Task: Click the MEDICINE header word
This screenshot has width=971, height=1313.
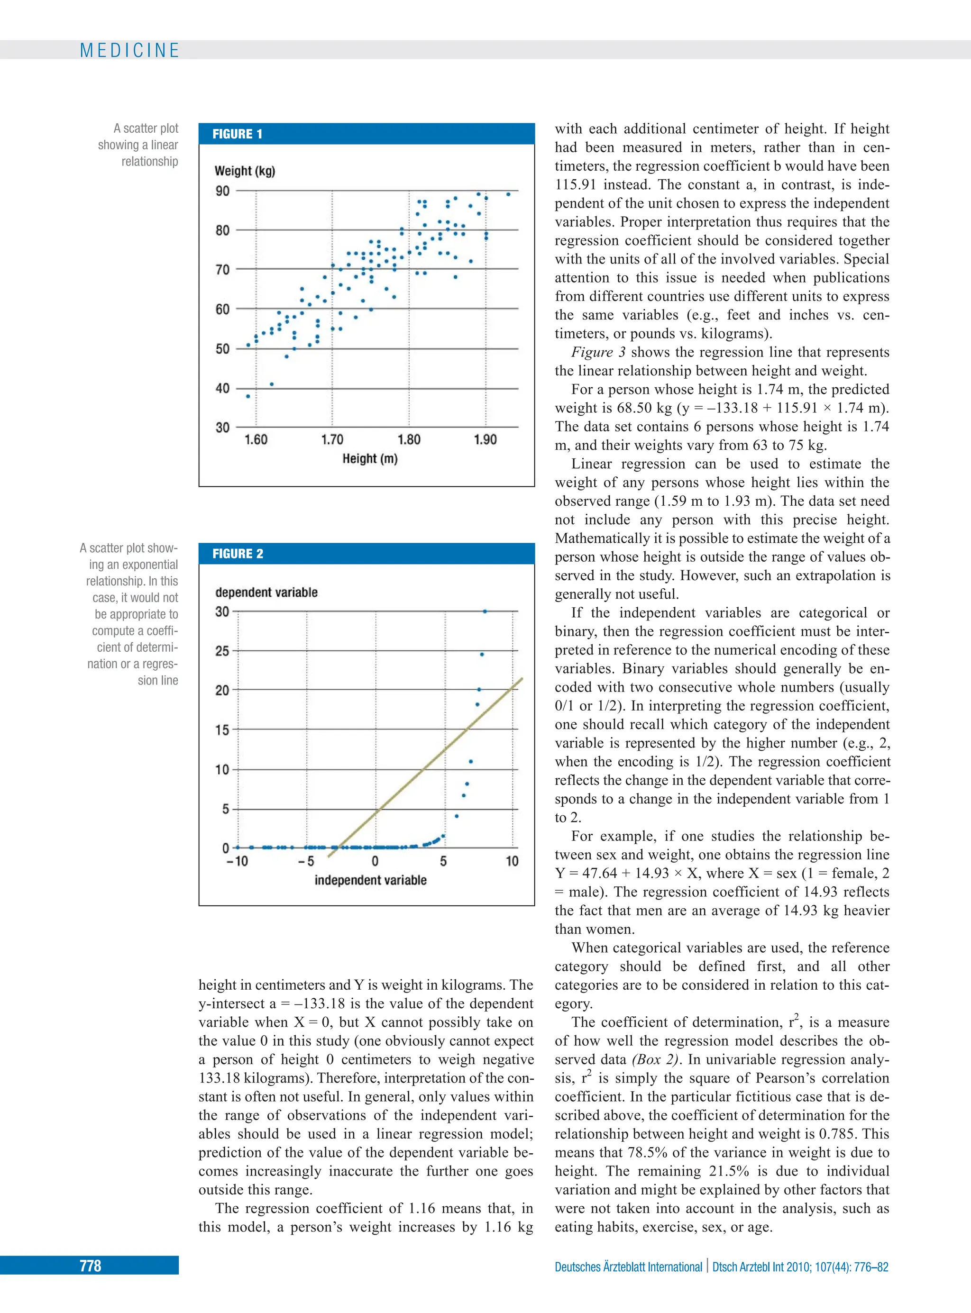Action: coord(129,51)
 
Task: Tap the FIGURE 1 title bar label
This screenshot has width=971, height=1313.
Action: coord(237,134)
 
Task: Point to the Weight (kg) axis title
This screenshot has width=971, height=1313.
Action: coord(245,171)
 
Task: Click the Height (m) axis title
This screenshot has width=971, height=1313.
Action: coord(370,458)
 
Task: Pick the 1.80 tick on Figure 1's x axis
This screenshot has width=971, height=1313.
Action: coord(409,439)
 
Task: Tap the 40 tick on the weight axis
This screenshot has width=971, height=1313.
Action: coord(222,388)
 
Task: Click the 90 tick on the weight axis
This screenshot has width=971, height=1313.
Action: coord(222,191)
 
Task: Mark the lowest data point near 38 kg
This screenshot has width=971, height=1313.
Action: coord(248,396)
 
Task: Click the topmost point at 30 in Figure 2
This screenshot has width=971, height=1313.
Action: coord(485,611)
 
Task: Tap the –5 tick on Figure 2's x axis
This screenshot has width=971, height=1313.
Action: coord(306,861)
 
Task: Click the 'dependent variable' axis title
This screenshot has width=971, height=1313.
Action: coord(266,592)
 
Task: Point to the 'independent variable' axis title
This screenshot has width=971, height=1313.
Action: coord(370,880)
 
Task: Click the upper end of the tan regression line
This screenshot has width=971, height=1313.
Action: coord(522,679)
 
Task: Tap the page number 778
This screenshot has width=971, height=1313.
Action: coord(91,1266)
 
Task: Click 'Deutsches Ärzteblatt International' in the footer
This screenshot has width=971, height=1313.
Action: coord(628,1267)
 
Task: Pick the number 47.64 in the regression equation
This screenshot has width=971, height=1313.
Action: coord(601,873)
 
